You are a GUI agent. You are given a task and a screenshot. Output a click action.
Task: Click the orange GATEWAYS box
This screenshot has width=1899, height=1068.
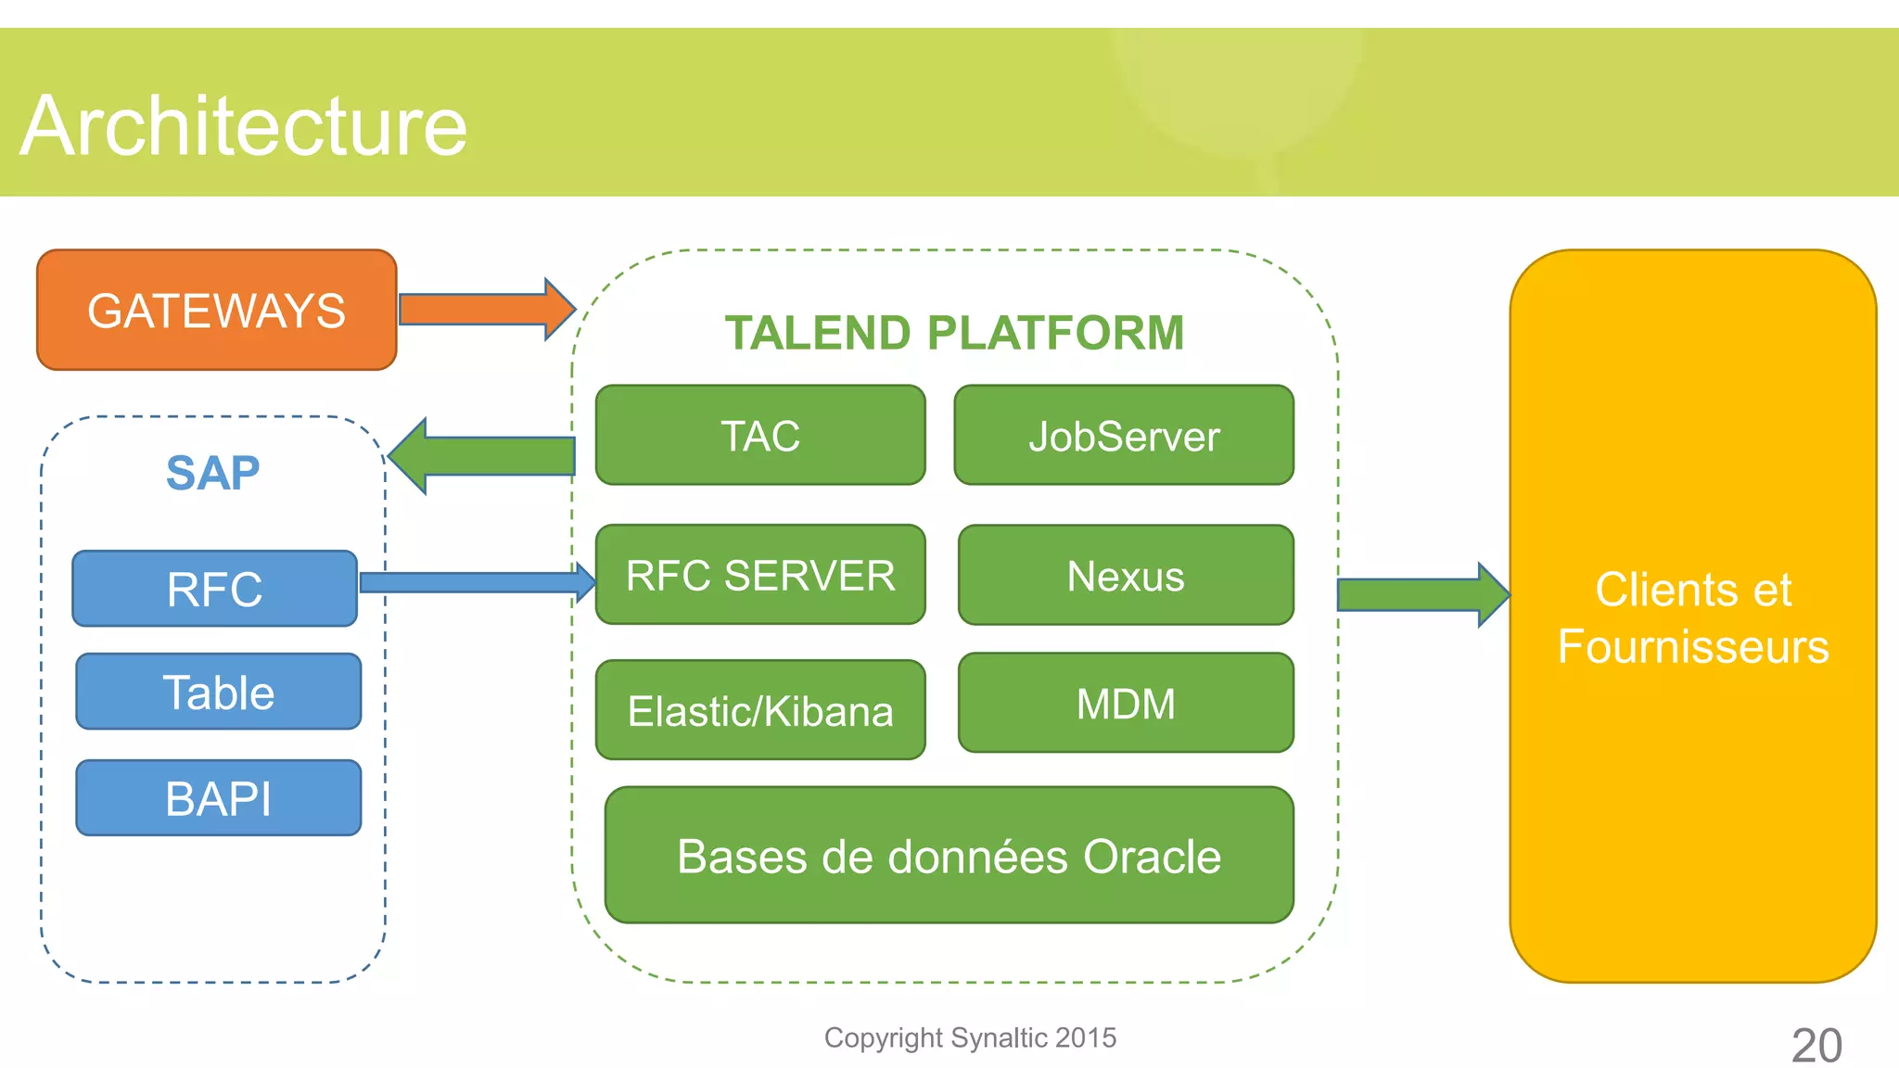[x=216, y=310]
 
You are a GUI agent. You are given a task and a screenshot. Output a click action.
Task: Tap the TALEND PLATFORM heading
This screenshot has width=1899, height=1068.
[x=954, y=333]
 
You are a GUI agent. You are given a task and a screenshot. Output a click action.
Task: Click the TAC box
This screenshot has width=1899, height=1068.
[x=760, y=436]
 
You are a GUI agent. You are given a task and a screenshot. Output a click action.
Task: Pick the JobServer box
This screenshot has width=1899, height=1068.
[x=1124, y=436]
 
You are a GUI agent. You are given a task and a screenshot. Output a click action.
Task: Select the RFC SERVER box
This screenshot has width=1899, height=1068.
[x=760, y=575]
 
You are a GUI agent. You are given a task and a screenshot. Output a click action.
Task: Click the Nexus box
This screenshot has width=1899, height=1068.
[x=1126, y=576]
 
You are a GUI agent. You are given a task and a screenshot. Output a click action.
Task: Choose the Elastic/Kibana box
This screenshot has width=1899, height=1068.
[x=760, y=710]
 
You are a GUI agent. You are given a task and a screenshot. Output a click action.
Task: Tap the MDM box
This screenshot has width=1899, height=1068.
[x=1126, y=703]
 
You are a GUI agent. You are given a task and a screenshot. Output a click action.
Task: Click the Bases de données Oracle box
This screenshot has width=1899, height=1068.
[x=949, y=856]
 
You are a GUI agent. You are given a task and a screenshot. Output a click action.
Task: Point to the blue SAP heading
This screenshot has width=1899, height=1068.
[x=212, y=473]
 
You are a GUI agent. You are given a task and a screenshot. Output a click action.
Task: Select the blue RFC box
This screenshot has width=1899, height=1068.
[x=214, y=589]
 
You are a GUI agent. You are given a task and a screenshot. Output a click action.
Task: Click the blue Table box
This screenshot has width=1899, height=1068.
[x=218, y=692]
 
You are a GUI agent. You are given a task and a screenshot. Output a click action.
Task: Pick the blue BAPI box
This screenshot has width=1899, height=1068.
[x=218, y=798]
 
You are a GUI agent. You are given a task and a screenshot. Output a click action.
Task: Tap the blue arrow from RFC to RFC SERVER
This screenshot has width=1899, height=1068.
[x=473, y=582]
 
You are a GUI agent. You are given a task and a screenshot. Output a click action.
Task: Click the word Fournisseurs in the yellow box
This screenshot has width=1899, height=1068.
[x=1693, y=646]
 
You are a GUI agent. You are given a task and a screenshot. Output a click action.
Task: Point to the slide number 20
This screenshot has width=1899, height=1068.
[x=1816, y=1045]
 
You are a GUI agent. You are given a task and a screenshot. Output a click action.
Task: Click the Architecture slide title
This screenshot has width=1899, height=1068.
[x=244, y=126]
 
